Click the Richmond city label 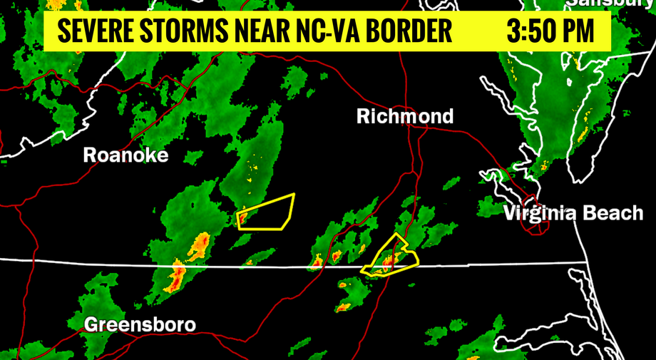(405, 116)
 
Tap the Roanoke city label (125, 155)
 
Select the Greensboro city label (140, 324)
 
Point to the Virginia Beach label (573, 212)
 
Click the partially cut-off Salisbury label (610, 3)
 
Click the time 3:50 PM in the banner (550, 31)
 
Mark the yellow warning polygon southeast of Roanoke (267, 212)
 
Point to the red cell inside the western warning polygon (243, 217)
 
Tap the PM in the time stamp (580, 31)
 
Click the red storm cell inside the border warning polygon (388, 262)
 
